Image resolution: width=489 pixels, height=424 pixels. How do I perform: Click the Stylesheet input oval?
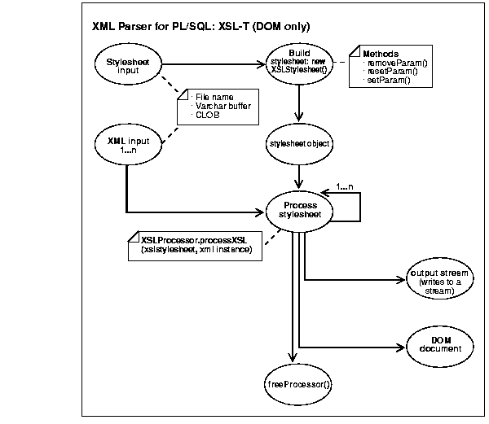pos(127,64)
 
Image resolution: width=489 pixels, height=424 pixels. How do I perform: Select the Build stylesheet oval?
pos(301,63)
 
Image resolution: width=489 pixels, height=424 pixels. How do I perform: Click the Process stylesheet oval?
pos(301,211)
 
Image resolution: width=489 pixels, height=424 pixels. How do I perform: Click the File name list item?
pos(213,97)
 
